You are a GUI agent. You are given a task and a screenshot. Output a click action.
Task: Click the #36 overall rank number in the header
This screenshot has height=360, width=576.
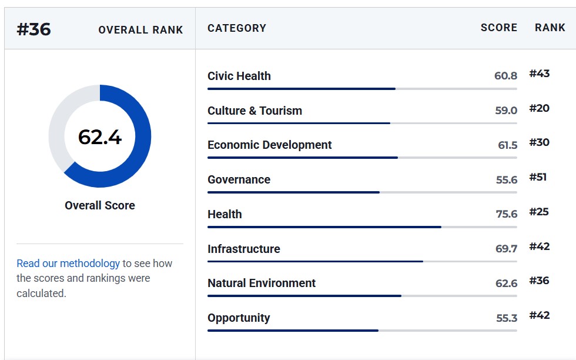click(34, 29)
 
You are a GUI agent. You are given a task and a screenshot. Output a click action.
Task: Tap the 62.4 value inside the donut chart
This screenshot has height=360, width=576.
click(99, 137)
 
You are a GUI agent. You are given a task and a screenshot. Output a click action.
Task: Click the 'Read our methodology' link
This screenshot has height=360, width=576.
click(68, 264)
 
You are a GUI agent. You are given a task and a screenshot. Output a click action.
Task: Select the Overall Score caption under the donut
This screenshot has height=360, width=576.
click(99, 205)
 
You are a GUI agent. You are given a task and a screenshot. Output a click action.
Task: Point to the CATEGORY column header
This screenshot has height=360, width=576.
click(236, 28)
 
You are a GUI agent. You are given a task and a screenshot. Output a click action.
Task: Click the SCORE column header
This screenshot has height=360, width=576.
click(499, 28)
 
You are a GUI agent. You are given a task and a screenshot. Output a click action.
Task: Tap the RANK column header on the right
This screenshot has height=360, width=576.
click(550, 28)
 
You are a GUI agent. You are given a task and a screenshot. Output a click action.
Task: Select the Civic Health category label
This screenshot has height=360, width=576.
click(239, 76)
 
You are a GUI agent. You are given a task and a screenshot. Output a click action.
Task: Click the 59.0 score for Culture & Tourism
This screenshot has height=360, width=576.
click(506, 111)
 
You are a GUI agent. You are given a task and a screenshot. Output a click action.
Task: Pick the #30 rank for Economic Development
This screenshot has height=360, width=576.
click(540, 142)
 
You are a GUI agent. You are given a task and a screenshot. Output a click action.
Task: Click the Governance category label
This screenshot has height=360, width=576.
click(239, 179)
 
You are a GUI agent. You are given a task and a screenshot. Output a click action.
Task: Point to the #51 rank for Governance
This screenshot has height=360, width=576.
click(538, 177)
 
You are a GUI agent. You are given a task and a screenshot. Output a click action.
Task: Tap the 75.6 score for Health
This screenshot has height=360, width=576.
click(507, 214)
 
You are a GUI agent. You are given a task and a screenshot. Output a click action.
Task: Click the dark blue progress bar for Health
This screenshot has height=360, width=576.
click(324, 227)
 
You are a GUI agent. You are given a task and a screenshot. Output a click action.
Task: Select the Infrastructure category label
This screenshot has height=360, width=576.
click(243, 249)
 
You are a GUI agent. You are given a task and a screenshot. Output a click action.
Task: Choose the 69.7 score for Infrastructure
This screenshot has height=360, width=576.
click(506, 249)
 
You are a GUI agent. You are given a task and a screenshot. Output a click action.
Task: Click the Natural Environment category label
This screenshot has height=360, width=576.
click(262, 283)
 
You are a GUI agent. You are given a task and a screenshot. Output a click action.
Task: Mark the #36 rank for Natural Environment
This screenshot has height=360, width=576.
click(540, 281)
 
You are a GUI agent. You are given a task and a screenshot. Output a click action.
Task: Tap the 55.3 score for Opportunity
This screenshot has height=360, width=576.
click(507, 318)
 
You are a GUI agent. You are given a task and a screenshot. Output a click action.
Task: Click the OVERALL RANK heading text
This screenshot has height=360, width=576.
click(140, 30)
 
